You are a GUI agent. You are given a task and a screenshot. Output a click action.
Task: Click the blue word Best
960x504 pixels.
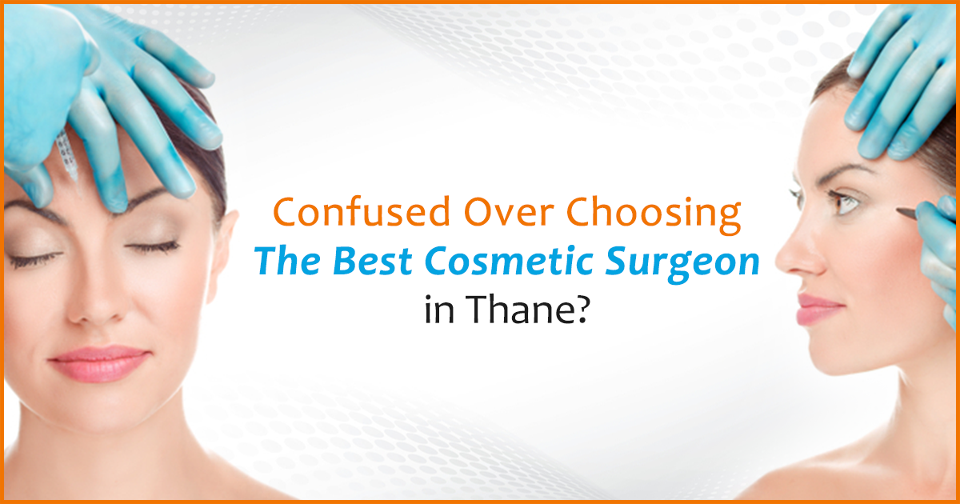pyautogui.click(x=363, y=263)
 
